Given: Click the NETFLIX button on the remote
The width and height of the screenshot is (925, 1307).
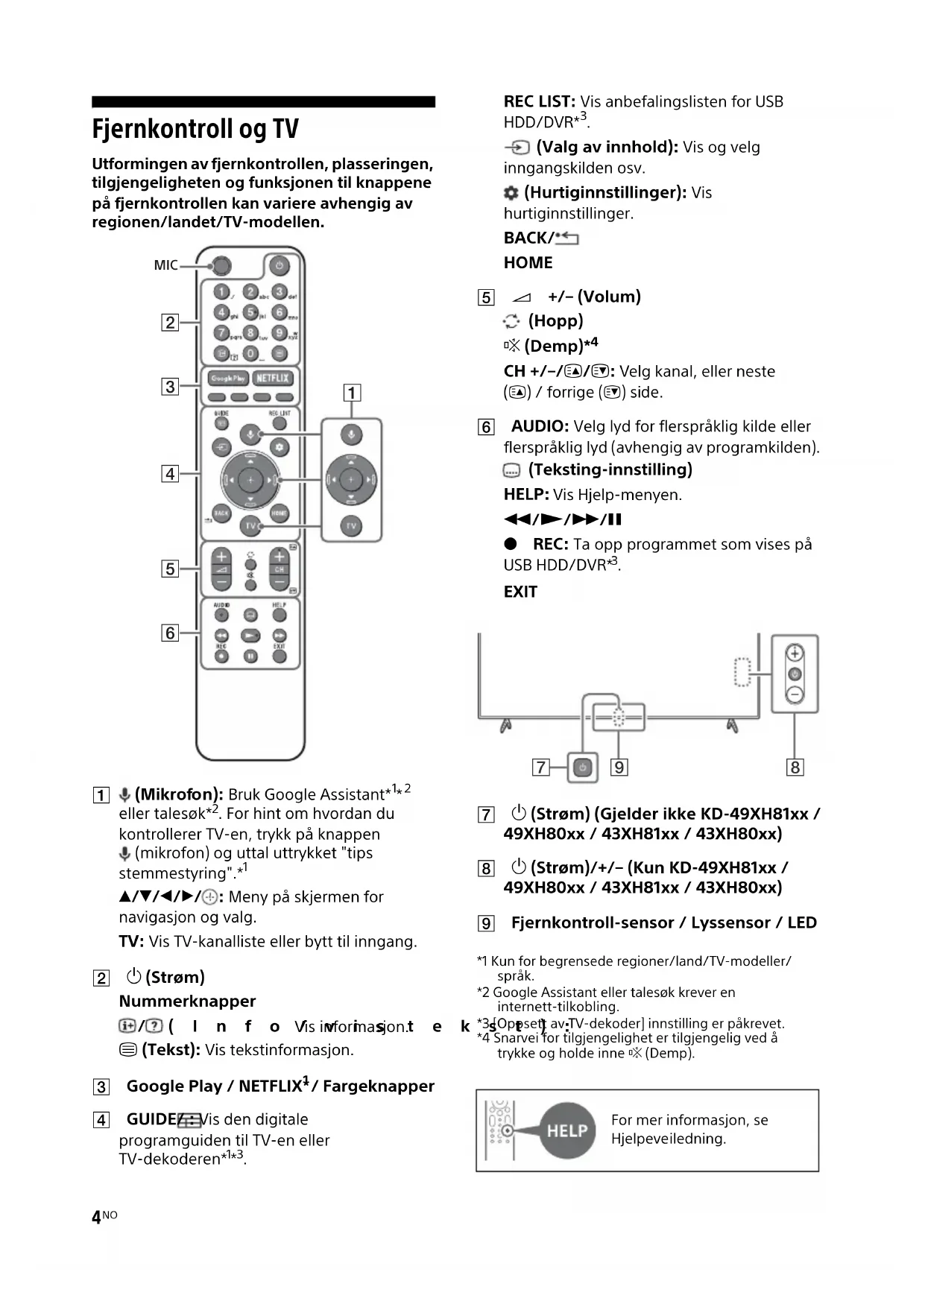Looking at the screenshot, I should (x=272, y=378).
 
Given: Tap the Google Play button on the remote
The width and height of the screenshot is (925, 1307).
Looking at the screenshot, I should (x=227, y=378).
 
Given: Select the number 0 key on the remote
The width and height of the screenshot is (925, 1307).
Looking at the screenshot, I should (x=250, y=353).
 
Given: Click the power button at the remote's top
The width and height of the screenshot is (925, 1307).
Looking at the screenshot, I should (x=279, y=265).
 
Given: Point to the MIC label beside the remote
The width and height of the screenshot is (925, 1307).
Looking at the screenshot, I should (x=165, y=265).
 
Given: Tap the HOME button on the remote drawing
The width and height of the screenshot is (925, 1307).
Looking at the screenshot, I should (x=279, y=513).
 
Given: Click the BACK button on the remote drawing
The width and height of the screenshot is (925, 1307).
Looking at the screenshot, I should (x=221, y=513).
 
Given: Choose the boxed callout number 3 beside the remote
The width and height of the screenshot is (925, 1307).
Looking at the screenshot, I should (x=171, y=386).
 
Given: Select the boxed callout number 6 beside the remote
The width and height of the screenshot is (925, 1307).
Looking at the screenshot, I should (x=171, y=633).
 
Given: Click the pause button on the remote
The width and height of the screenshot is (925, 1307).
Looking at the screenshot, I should (x=250, y=656).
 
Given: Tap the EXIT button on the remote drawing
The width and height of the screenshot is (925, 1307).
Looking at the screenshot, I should (x=280, y=655).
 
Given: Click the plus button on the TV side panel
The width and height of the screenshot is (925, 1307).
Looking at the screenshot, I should (x=795, y=653).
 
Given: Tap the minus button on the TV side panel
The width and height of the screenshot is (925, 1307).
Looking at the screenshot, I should (x=795, y=694).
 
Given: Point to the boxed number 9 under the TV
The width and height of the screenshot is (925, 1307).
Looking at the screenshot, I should (x=619, y=767).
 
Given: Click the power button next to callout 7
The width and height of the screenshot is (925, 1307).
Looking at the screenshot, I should (x=583, y=767).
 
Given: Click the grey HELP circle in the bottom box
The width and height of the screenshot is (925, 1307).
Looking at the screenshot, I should (x=567, y=1130).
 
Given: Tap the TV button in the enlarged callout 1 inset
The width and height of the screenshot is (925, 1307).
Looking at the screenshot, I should (x=351, y=526).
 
